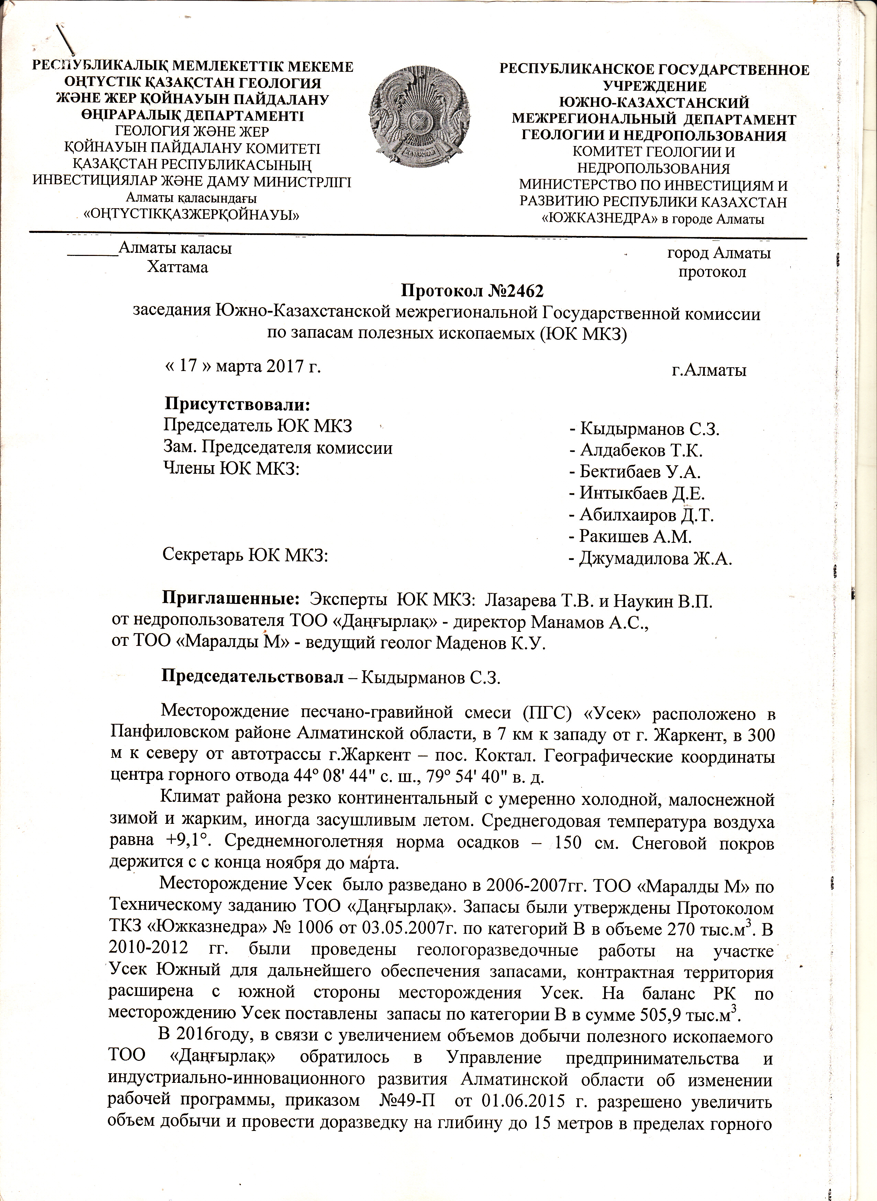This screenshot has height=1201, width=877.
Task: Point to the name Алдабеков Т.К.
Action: tap(641, 451)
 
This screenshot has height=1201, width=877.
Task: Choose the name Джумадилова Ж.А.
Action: tap(656, 558)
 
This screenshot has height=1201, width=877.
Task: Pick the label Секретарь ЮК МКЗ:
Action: tap(245, 554)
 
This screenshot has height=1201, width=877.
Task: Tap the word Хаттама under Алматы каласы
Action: tap(177, 267)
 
